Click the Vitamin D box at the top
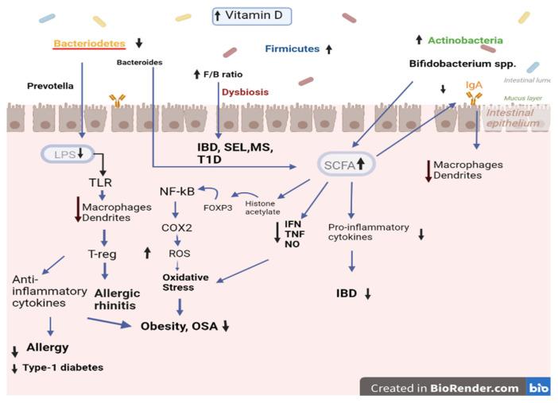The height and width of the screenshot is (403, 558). [x=252, y=15]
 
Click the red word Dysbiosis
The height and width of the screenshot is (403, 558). [x=247, y=91]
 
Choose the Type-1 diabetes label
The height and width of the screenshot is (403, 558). [x=61, y=367]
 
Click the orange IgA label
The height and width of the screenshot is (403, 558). [x=475, y=83]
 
